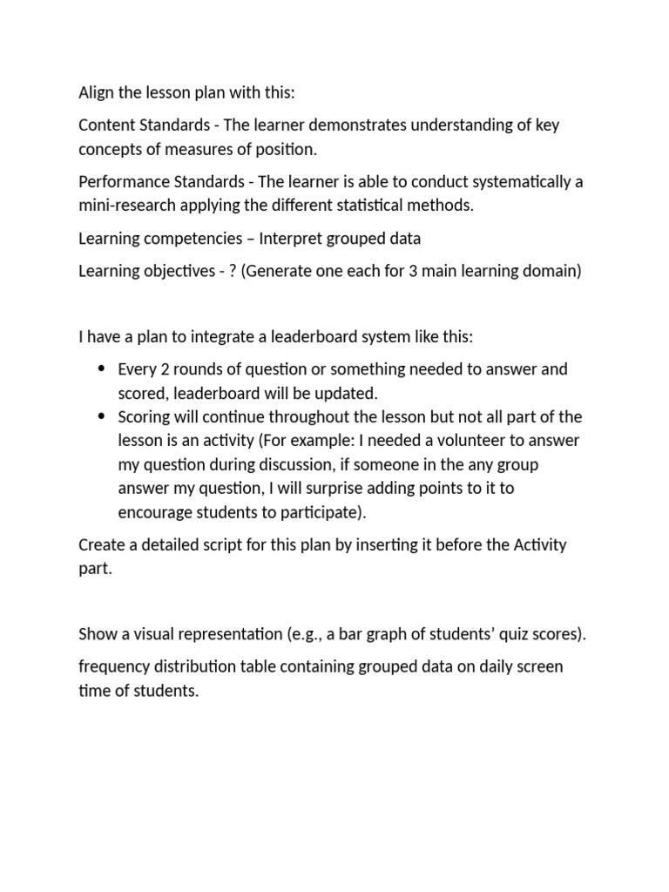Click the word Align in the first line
tap(97, 92)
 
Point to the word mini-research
tap(125, 206)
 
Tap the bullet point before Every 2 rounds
tap(102, 368)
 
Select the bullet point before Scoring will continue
tap(102, 416)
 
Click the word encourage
tap(153, 512)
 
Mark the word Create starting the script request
tap(103, 545)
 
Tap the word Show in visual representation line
tap(98, 633)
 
